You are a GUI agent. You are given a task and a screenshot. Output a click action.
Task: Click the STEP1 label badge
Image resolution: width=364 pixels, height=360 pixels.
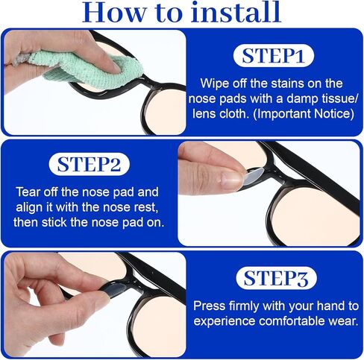pos(273,56)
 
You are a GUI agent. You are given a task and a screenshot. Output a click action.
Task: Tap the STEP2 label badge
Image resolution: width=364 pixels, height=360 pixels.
pos(90,165)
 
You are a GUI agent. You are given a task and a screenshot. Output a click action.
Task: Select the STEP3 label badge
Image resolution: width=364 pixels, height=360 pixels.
pos(276,278)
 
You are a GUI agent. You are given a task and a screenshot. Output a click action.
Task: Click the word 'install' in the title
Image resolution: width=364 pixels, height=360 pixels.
pos(236,12)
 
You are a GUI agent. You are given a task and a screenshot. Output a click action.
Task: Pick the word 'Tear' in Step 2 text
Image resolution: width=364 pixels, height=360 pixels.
pos(28,192)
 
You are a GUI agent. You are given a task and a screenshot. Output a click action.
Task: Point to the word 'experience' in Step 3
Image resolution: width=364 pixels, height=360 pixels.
pos(225,321)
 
